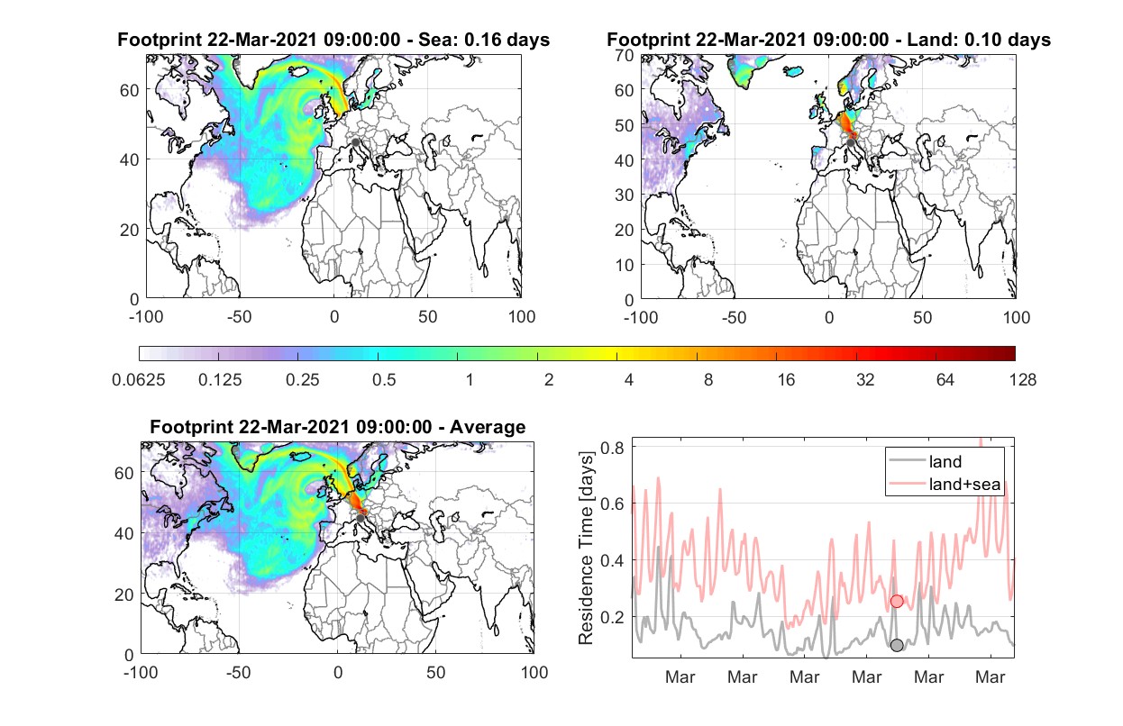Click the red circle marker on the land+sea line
(897, 601)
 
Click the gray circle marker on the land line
(897, 645)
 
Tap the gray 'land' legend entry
(926, 461)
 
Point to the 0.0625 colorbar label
(139, 380)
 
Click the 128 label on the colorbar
(1022, 380)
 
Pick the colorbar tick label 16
(786, 380)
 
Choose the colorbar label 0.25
(302, 380)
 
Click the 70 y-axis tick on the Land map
(625, 55)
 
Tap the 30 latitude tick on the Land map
(625, 195)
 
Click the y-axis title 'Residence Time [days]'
(586, 549)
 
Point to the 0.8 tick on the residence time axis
(612, 448)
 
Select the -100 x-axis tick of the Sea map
(146, 317)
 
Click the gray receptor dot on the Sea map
(355, 142)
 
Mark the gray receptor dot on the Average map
(361, 518)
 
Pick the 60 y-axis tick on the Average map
(123, 473)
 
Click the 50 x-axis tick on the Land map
(923, 318)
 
